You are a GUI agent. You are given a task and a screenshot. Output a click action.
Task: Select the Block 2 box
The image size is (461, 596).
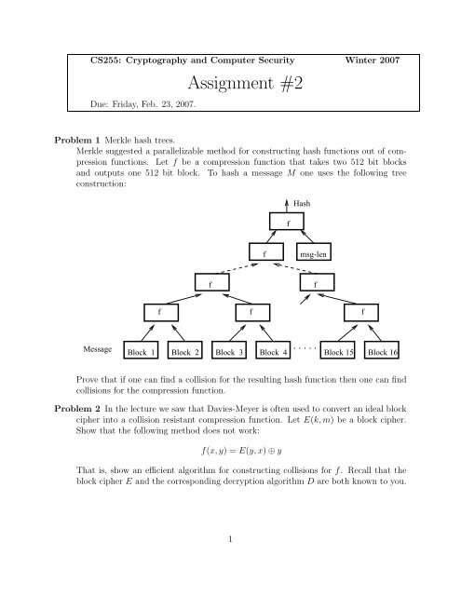[x=186, y=353]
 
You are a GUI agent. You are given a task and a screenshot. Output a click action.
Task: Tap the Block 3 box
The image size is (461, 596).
[x=230, y=353]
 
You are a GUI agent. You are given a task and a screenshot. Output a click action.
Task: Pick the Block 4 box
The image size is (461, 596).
[x=274, y=353]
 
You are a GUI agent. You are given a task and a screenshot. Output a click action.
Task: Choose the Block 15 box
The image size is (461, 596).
[x=338, y=353]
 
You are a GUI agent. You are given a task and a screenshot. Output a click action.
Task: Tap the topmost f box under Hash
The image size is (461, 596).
[x=288, y=223]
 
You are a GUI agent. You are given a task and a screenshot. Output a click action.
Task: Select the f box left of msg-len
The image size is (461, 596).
[x=265, y=251]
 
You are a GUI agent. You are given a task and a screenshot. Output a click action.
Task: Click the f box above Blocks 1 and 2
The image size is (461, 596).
[x=159, y=311]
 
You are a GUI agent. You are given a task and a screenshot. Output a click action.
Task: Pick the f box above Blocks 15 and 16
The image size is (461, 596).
[x=363, y=311]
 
